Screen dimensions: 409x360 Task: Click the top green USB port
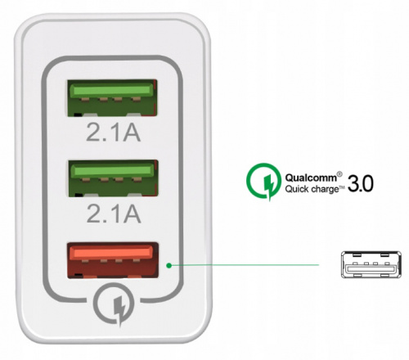[112, 98]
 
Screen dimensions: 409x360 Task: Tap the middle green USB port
[112, 178]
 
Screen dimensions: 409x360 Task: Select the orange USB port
[113, 260]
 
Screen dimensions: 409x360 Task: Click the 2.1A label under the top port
[114, 132]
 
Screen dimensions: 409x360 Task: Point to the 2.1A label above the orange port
[114, 214]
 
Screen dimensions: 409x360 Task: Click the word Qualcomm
[311, 178]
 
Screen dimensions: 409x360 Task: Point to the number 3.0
[361, 183]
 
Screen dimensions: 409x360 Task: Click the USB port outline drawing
[371, 264]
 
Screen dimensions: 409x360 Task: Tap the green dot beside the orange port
[169, 265]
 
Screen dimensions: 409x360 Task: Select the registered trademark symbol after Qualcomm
[339, 174]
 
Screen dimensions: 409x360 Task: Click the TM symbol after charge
[342, 187]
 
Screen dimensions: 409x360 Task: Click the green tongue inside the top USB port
[111, 90]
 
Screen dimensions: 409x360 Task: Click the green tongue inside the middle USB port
[112, 171]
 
